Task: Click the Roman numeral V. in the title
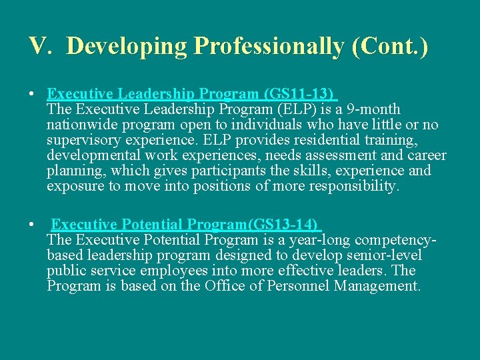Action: (x=39, y=45)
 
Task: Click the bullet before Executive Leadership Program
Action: (x=32, y=94)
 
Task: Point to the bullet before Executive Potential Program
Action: (x=32, y=225)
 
